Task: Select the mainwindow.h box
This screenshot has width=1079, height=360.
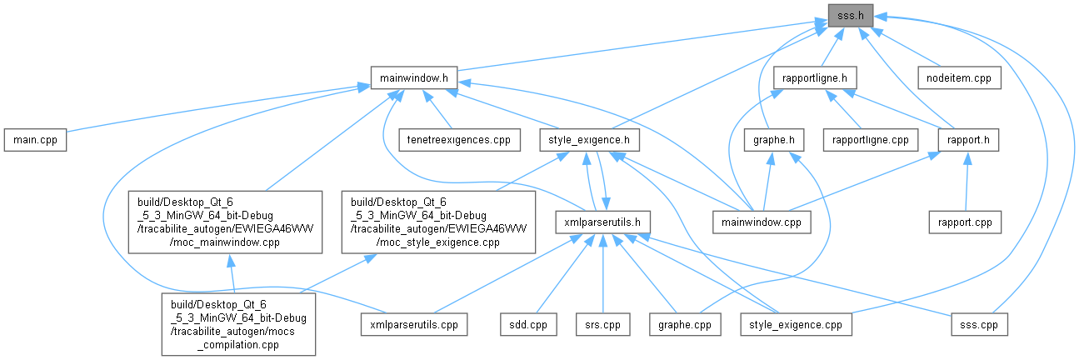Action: [x=413, y=77]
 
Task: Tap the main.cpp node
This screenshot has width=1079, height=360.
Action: [x=34, y=139]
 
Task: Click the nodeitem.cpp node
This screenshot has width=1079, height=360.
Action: [x=958, y=77]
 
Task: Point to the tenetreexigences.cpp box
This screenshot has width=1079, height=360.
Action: [x=459, y=139]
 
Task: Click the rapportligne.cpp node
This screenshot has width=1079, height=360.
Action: [x=865, y=139]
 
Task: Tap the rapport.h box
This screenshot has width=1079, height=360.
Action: [x=967, y=139]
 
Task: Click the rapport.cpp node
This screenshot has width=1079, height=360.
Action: [x=965, y=222]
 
